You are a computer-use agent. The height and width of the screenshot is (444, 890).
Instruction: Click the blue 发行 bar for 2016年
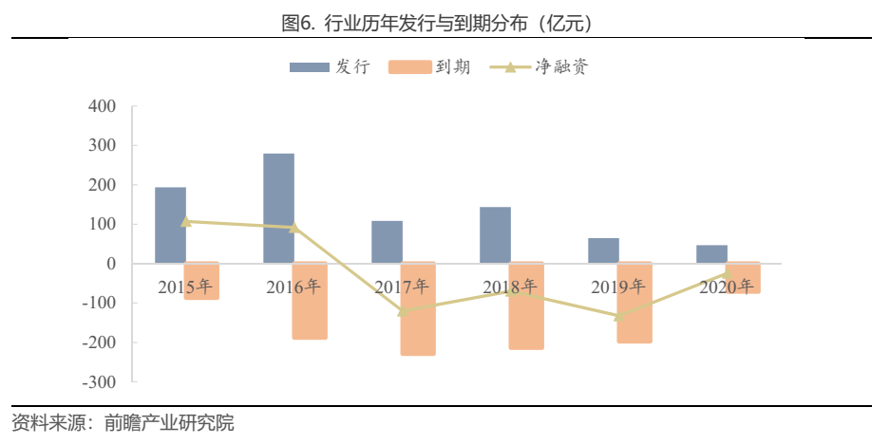(278, 208)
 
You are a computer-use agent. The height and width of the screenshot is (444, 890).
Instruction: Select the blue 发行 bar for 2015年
(170, 225)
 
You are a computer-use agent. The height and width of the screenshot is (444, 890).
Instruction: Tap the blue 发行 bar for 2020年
(711, 254)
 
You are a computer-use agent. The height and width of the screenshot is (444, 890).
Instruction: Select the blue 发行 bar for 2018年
(495, 234)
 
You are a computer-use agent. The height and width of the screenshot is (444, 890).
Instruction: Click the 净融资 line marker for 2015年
(186, 221)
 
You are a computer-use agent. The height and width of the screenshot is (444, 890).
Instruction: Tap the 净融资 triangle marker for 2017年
(403, 311)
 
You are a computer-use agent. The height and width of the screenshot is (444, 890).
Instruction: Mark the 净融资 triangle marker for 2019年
(619, 316)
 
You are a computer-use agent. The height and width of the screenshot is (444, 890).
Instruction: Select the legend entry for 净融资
(541, 67)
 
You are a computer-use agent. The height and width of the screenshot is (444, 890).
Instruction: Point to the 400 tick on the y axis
(101, 106)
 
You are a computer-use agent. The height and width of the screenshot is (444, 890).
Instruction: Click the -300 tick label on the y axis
(97, 382)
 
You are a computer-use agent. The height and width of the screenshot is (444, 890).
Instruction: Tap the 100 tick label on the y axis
(101, 225)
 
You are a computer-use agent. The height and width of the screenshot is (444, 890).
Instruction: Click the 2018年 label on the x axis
(510, 287)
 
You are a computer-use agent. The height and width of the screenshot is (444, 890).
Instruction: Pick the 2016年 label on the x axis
(294, 287)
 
